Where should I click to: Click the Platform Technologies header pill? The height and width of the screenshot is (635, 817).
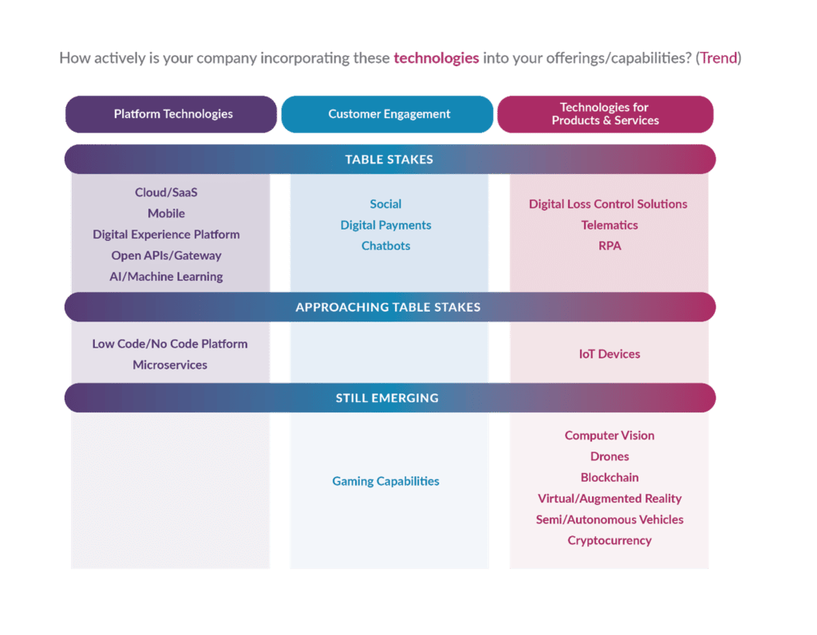tap(172, 114)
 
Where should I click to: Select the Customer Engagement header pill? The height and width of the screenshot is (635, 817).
tap(389, 114)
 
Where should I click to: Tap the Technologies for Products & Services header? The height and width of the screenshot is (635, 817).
tap(604, 114)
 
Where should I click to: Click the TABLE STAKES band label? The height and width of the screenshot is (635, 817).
tap(389, 160)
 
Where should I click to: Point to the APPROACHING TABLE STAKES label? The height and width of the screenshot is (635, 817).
tap(388, 307)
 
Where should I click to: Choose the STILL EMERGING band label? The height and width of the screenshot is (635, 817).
tap(387, 398)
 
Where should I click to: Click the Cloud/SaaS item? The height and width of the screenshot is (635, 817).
tap(166, 192)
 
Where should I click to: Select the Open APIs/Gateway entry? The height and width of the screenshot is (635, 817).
tap(166, 255)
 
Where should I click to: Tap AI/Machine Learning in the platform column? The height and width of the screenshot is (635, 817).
tap(166, 277)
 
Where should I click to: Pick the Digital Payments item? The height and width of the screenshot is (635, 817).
tap(385, 225)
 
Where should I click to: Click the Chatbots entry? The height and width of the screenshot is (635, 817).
tap(385, 246)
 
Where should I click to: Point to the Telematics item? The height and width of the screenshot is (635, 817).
tap(609, 225)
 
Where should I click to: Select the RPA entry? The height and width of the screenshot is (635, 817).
tap(609, 246)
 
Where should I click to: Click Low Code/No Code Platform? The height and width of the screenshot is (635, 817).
tap(170, 344)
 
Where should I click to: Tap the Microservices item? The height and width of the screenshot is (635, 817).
tap(170, 365)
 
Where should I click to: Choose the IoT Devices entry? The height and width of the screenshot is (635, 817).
tap(609, 354)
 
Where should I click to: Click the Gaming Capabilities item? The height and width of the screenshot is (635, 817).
tap(385, 481)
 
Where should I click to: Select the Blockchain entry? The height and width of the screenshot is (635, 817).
tap(609, 477)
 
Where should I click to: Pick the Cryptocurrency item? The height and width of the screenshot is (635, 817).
tap(609, 540)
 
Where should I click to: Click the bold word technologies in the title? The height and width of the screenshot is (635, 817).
tap(436, 58)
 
